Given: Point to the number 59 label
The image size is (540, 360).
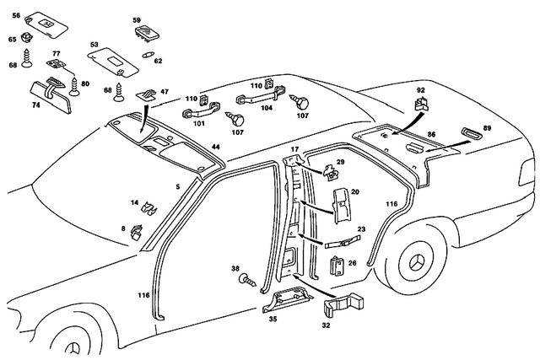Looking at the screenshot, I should (x=137, y=19).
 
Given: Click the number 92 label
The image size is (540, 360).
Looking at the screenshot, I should (x=420, y=88).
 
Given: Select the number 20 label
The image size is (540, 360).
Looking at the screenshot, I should (x=355, y=192).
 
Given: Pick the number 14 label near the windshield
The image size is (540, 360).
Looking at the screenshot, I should (x=134, y=202).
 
